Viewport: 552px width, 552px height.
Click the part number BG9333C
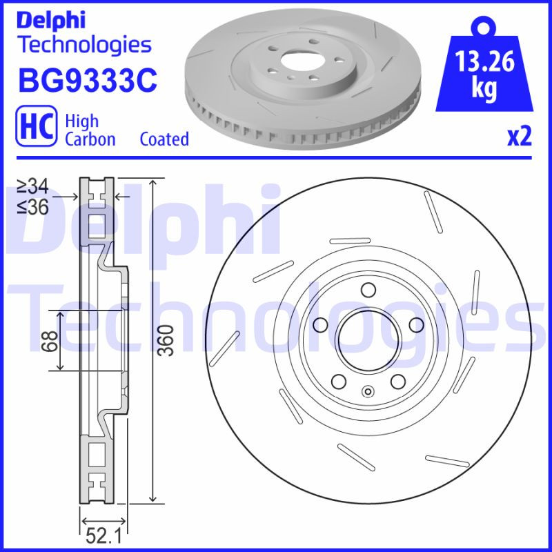click(88, 81)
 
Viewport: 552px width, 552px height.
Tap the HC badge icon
click(35, 128)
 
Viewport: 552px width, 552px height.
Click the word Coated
click(164, 139)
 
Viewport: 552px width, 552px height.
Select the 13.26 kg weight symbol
click(484, 70)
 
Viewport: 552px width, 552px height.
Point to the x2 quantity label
click(519, 137)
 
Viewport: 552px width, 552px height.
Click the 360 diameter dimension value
click(164, 340)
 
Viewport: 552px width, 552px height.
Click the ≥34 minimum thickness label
click(32, 186)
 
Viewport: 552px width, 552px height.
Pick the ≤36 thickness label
click(32, 206)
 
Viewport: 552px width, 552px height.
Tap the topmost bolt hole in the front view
click(368, 289)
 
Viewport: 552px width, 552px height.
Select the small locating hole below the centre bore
click(368, 393)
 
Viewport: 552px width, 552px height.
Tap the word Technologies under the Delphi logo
click(83, 45)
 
